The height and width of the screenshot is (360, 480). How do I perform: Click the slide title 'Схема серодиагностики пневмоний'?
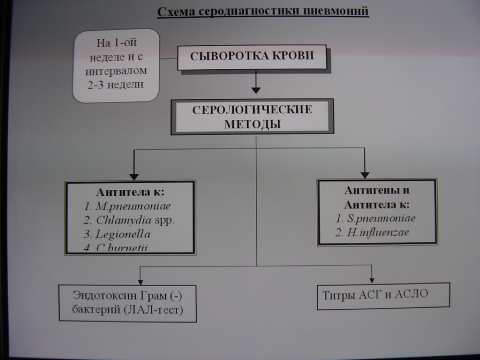pyautogui.click(x=263, y=12)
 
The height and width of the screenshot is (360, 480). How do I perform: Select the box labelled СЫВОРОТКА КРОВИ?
pyautogui.click(x=252, y=57)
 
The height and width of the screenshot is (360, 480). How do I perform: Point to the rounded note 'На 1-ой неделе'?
pyautogui.click(x=116, y=65)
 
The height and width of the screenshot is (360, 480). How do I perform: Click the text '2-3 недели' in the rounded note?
pyautogui.click(x=119, y=85)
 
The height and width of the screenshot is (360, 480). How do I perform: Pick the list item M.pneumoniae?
pyautogui.click(x=127, y=206)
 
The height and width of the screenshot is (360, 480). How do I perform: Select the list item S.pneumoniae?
pyautogui.click(x=376, y=218)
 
